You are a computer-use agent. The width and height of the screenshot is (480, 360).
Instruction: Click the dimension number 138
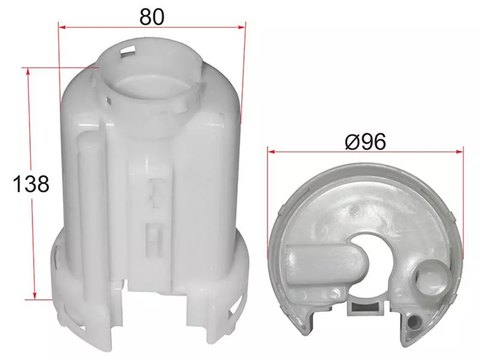[x=31, y=184]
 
